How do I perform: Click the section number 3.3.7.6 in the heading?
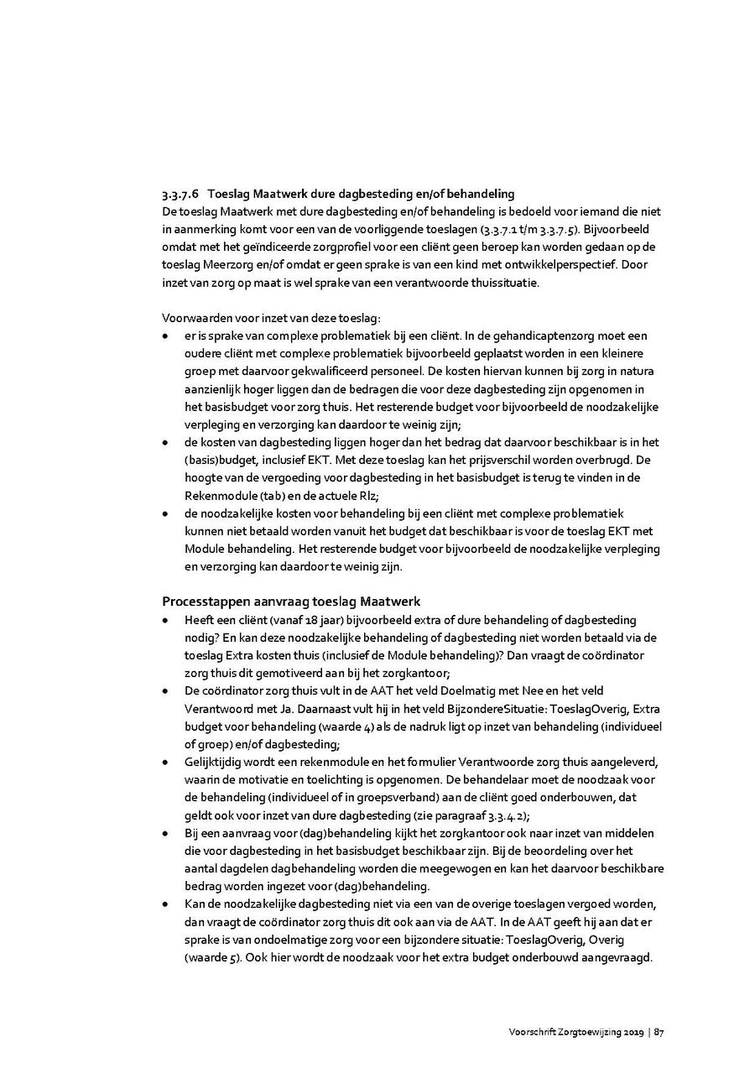click(180, 194)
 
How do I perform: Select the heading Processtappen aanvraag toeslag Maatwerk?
click(291, 602)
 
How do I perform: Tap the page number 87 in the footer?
click(660, 1032)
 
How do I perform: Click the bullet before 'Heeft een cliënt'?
click(166, 621)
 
